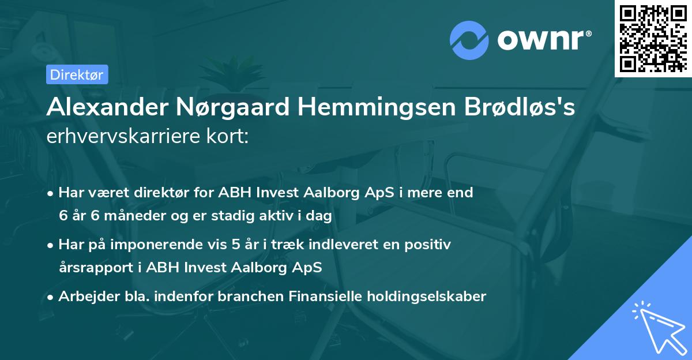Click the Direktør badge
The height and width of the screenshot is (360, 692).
[77, 74]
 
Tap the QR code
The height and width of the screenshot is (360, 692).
[653, 39]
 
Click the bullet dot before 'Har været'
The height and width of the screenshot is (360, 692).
[51, 193]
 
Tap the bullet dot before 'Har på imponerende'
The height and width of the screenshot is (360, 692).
[51, 245]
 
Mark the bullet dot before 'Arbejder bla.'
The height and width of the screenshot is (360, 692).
[51, 297]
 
